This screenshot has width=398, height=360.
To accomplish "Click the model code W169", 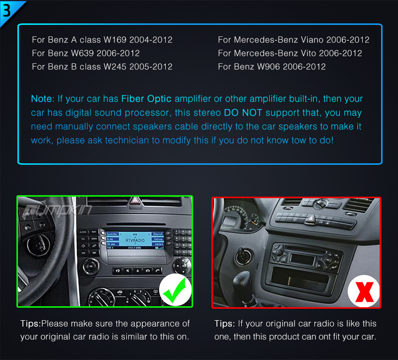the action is click(115, 40).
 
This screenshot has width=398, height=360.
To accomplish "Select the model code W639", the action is click(82, 53).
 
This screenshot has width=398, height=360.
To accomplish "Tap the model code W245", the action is click(115, 67).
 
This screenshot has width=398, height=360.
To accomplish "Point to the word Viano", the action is click(312, 40).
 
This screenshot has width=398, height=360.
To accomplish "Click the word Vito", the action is click(308, 53).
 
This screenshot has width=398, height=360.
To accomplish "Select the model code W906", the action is click(269, 67).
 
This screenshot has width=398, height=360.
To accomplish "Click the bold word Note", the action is click(41, 99).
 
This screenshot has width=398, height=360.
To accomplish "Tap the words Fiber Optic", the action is click(146, 99).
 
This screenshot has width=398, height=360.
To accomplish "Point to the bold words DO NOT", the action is click(243, 113).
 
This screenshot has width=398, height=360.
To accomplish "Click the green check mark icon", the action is click(176, 290).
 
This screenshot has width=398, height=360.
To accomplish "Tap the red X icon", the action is click(365, 292).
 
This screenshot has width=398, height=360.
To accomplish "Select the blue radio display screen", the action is click(135, 240).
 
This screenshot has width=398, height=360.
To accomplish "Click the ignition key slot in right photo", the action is click(243, 255).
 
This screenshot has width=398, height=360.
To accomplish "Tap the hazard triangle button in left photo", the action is click(135, 201).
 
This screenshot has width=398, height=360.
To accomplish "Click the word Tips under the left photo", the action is click(30, 324).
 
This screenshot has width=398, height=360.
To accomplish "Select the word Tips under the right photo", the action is click(224, 324).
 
